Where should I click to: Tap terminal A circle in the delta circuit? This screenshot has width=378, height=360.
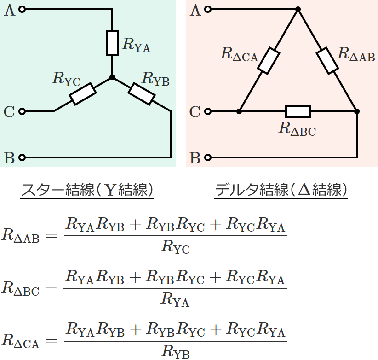208,9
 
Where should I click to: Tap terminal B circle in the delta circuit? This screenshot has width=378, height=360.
208,157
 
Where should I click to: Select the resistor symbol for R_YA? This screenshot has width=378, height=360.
112,43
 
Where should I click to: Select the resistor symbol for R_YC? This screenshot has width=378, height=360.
83,94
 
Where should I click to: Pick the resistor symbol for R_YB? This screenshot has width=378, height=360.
141,94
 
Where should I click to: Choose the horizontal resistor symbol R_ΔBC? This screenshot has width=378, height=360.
298,111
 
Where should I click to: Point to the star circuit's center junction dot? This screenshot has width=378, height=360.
112,77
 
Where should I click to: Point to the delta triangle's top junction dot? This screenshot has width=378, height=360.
298,9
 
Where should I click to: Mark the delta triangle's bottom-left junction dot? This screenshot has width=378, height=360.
239,111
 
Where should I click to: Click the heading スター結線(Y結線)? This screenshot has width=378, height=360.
86,190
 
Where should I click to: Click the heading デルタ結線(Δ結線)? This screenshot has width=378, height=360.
281,190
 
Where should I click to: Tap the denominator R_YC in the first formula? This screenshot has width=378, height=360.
175,249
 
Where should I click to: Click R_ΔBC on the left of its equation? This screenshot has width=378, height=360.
21,289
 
